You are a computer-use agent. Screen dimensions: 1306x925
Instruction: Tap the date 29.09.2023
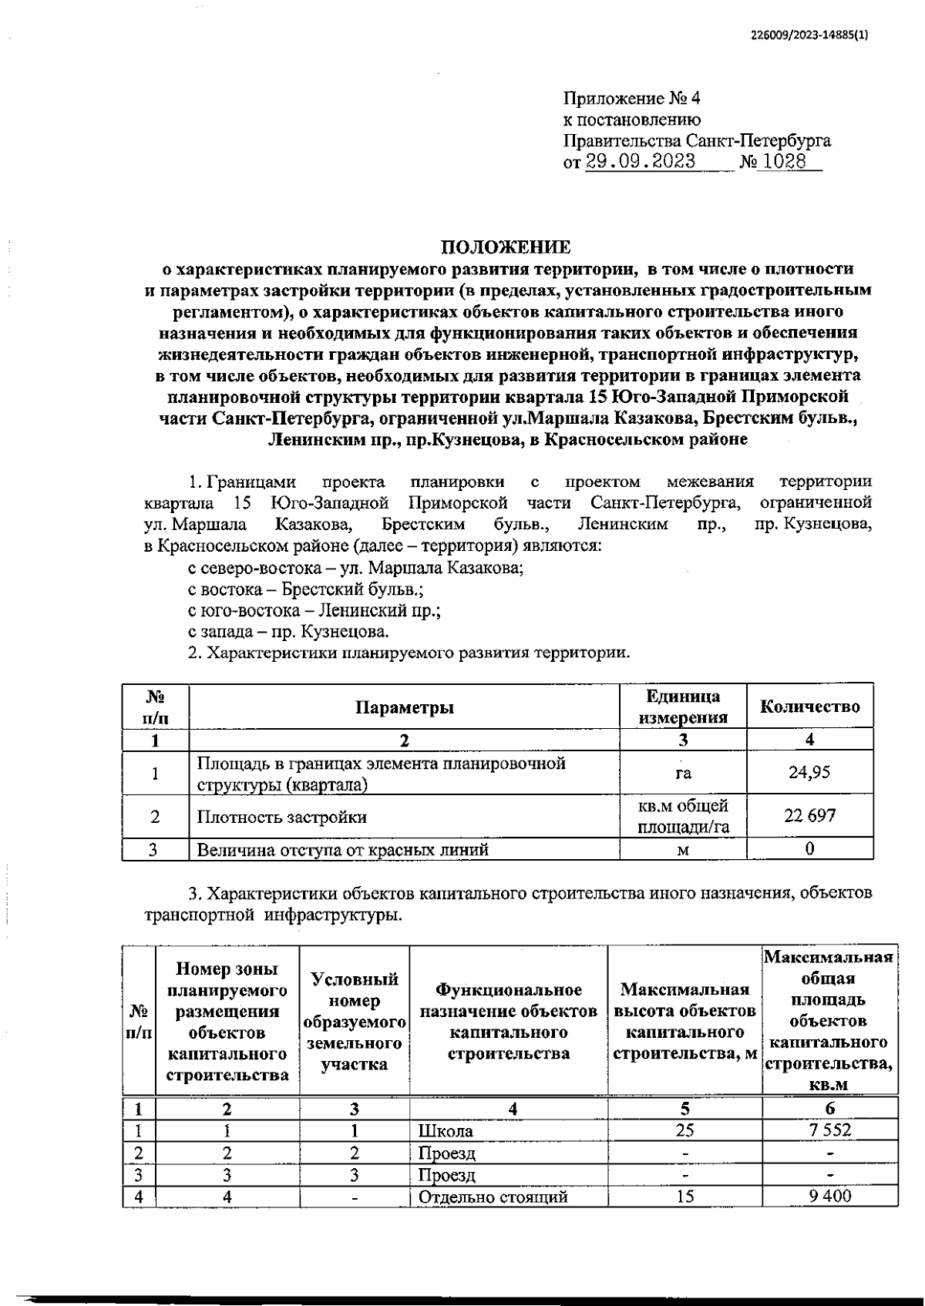click(x=641, y=162)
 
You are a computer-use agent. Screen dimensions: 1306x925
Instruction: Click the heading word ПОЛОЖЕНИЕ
click(x=506, y=247)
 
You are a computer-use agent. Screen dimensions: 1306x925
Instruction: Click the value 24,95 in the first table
click(x=809, y=772)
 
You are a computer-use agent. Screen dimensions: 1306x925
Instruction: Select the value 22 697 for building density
click(x=809, y=816)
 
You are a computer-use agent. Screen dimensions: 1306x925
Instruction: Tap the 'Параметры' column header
click(x=405, y=707)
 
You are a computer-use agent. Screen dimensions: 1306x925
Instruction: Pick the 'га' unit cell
click(x=683, y=773)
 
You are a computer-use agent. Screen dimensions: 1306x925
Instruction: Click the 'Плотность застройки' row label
click(x=282, y=818)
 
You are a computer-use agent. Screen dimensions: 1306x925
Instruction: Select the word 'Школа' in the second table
click(x=446, y=1131)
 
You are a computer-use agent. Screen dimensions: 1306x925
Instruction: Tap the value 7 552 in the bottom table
click(x=829, y=1130)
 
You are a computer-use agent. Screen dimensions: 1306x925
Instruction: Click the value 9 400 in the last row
click(x=829, y=1197)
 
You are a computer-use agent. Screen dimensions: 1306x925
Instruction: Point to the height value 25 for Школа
click(x=684, y=1130)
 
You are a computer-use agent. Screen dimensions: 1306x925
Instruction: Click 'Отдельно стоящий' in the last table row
click(x=493, y=1197)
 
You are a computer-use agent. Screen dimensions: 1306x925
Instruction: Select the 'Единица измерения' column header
click(x=683, y=707)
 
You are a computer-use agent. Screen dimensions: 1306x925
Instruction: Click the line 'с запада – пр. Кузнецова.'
click(x=289, y=632)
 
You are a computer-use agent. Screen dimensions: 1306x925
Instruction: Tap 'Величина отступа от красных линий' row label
click(x=343, y=850)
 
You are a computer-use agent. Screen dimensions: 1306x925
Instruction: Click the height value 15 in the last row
click(x=684, y=1197)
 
